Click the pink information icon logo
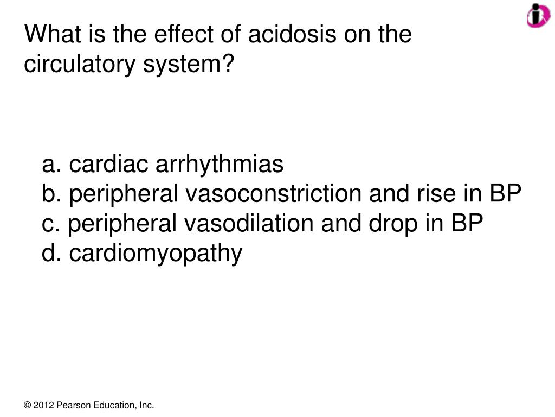click(538, 15)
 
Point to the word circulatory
click(79, 65)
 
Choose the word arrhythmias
click(220, 164)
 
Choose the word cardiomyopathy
click(156, 254)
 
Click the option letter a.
click(50, 164)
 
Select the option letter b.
click(50, 194)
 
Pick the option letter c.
click(50, 223)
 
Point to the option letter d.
click(50, 253)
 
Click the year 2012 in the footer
click(43, 405)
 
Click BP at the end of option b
click(506, 194)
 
